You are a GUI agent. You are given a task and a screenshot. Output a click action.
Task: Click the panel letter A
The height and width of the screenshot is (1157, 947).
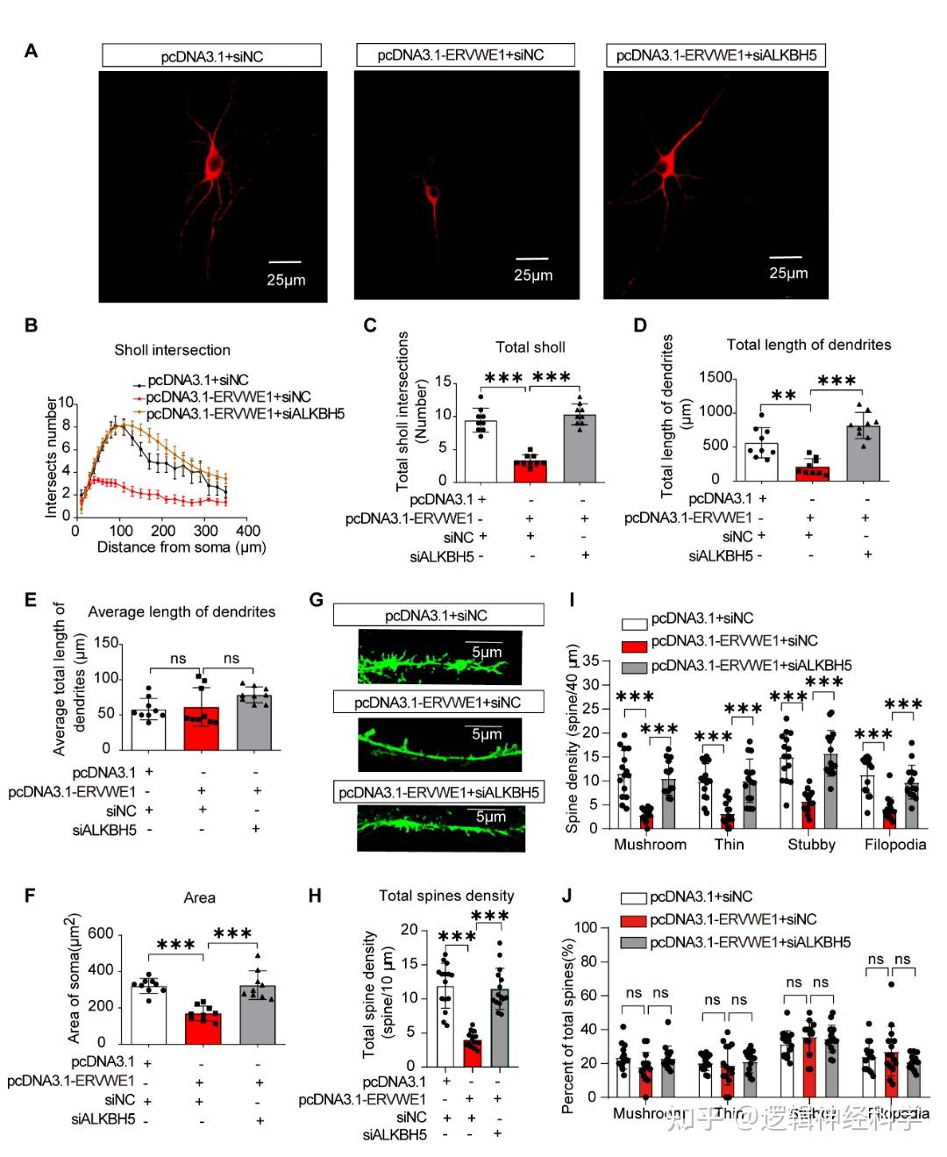click(x=32, y=51)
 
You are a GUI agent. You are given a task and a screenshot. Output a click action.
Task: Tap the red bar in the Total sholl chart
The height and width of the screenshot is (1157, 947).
click(x=530, y=471)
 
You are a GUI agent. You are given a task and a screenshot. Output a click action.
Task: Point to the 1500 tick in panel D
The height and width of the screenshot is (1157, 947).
click(x=716, y=378)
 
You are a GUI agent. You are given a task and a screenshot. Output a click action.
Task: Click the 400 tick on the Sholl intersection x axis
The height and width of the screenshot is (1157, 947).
click(x=248, y=531)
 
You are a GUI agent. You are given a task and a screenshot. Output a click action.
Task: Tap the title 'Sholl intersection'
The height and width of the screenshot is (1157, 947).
click(x=172, y=350)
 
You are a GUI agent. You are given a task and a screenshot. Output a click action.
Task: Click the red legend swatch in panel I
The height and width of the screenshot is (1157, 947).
click(x=634, y=645)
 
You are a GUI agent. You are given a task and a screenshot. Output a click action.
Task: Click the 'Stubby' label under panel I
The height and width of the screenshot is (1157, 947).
click(x=811, y=845)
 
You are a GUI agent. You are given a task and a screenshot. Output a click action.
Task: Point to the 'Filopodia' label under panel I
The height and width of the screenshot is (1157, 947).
click(x=894, y=845)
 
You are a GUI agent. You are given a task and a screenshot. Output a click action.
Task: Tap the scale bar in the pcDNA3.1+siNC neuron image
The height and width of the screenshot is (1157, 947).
click(x=285, y=261)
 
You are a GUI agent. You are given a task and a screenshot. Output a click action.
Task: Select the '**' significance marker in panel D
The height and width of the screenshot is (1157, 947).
click(x=783, y=396)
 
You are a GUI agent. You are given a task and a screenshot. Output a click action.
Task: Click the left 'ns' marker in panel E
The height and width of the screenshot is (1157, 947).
click(x=178, y=659)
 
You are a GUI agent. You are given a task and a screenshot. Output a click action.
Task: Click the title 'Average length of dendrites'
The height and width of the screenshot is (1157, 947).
click(x=182, y=611)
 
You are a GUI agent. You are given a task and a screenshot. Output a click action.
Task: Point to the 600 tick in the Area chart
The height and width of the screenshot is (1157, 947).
click(x=101, y=933)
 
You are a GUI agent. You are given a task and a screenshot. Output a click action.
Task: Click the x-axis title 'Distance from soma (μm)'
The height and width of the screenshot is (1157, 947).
click(x=182, y=547)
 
